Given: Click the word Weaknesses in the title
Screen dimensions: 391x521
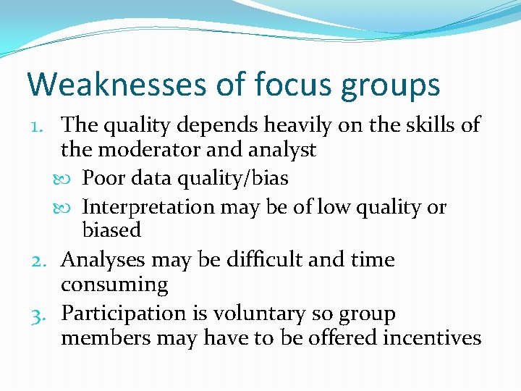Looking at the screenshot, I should click(x=116, y=84).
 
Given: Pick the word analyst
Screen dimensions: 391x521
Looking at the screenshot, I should click(x=280, y=150).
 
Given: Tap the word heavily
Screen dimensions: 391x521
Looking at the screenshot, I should click(x=300, y=125).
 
